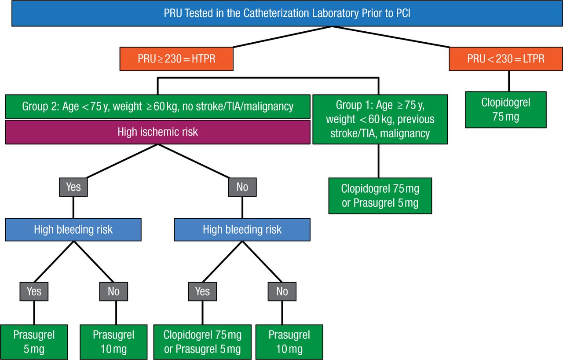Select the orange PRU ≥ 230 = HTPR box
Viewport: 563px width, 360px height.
click(x=176, y=59)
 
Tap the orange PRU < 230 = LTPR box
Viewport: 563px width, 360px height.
click(x=505, y=59)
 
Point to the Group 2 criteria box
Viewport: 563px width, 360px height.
click(x=158, y=106)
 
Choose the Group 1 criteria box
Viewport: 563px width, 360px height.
click(x=380, y=119)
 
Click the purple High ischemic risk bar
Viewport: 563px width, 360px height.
click(x=158, y=132)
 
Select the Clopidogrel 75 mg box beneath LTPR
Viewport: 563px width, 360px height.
click(x=505, y=110)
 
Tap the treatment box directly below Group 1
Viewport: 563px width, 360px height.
click(x=380, y=196)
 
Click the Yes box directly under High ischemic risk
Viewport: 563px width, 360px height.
click(x=73, y=187)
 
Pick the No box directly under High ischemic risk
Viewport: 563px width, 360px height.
click(x=242, y=187)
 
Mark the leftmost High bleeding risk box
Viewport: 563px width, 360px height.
click(x=73, y=229)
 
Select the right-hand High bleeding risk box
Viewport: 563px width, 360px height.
click(x=242, y=229)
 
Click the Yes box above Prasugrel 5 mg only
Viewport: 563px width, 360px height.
click(x=34, y=291)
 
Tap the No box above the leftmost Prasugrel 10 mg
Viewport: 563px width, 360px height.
click(x=113, y=291)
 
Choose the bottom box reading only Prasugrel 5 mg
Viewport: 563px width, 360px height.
click(x=34, y=342)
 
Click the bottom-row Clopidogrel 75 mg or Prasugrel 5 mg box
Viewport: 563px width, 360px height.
click(x=202, y=342)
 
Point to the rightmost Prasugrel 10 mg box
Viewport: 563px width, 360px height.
click(x=289, y=342)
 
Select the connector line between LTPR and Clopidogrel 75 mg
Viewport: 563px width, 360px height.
click(x=509, y=81)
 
